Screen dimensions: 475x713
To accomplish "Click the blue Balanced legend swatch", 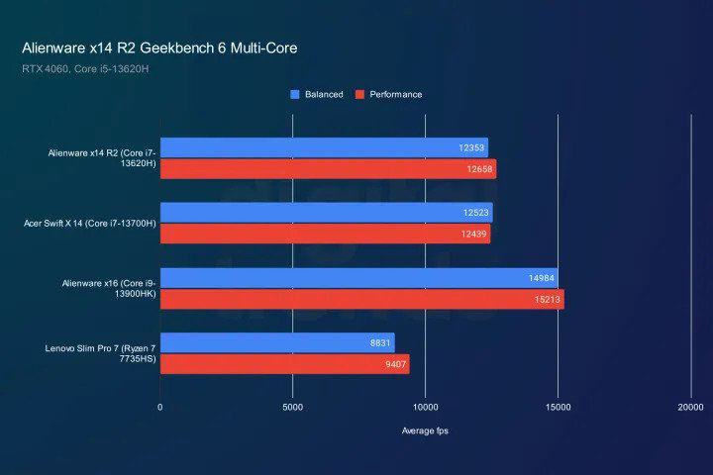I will coord(295,95).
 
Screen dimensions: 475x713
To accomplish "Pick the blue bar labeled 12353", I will coord(324,147).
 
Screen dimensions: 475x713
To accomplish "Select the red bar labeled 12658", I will coord(328,169).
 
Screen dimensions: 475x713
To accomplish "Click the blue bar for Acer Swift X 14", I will coord(326,213).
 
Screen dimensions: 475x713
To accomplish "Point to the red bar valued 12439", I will coord(325,234).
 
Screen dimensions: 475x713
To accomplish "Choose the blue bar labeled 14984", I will coord(358,278).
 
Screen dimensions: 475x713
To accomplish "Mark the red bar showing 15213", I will coord(361,299).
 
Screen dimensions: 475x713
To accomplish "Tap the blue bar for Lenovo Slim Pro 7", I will coord(277,342).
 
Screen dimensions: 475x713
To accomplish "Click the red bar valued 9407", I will coord(284,364).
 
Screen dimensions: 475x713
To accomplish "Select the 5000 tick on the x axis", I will coord(292,407).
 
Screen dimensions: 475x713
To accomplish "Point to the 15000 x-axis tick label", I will coord(558,407).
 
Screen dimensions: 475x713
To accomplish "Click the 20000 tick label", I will coord(690,407).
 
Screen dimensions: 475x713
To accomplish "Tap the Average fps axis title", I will coord(425,430).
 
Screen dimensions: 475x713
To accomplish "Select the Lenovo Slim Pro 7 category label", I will coord(100,354).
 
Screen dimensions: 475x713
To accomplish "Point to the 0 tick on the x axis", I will coord(160,407).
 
